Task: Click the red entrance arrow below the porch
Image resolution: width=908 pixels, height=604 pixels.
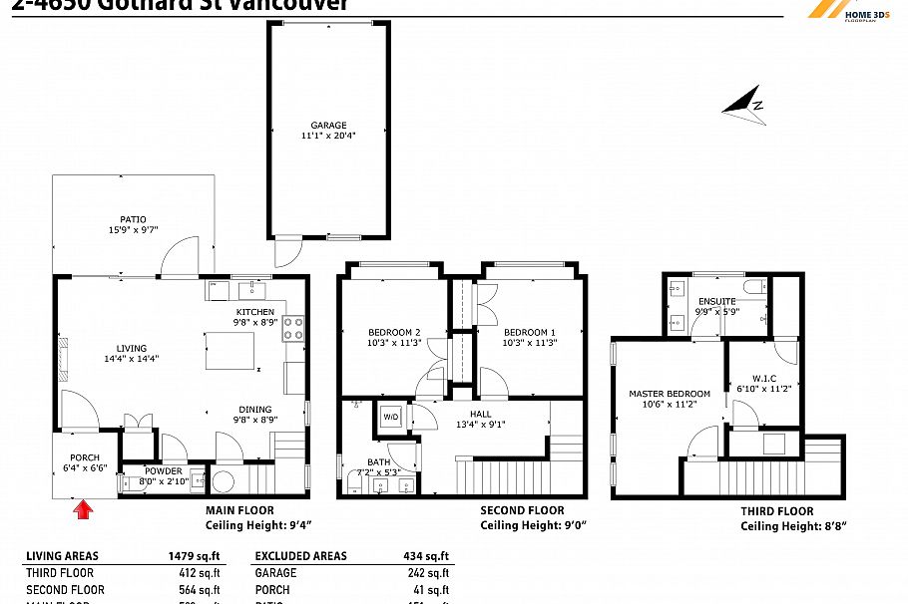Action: click(84, 510)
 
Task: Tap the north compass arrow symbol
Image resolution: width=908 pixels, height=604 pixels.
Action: click(743, 104)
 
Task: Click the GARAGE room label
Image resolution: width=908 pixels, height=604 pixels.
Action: click(328, 126)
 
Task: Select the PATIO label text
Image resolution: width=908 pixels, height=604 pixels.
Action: click(133, 219)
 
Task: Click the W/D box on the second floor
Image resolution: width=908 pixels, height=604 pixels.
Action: click(389, 417)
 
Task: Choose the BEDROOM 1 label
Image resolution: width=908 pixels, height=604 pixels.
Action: click(529, 332)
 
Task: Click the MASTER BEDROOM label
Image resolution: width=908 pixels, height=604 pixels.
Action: click(670, 394)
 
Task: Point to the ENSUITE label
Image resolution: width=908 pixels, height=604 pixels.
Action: click(716, 301)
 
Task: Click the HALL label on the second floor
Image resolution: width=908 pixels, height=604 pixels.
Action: click(481, 414)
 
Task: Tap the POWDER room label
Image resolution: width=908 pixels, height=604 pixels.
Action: click(164, 470)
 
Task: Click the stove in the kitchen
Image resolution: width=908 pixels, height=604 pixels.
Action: click(293, 328)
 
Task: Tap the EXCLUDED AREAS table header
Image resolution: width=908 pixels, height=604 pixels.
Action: click(300, 556)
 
